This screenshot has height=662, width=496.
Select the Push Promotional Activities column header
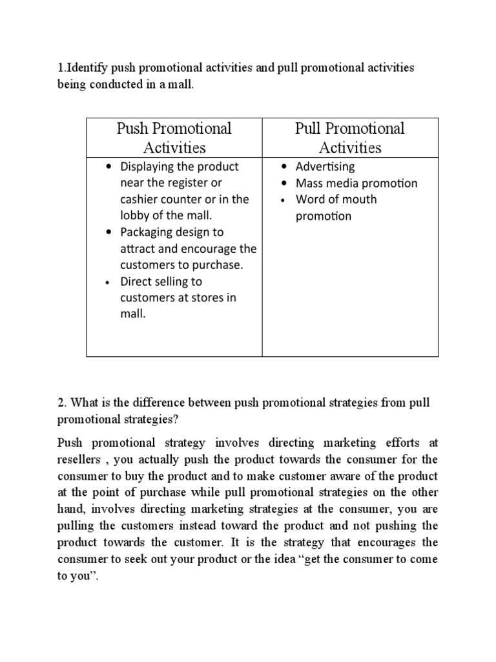174,138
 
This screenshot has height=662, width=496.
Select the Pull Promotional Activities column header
350,138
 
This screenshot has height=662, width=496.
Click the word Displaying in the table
149,167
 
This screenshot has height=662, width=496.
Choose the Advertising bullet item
325,167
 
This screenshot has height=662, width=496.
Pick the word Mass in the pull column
309,183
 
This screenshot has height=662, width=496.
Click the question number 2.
61,403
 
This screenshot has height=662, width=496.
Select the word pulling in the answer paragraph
76,526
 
